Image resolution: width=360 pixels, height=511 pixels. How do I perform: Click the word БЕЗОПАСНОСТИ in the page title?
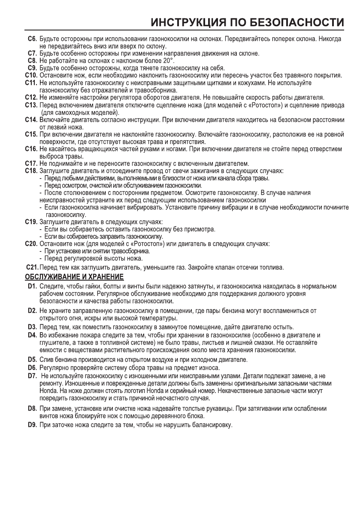click(296, 21)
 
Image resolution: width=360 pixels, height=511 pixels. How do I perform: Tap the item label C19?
click(31, 223)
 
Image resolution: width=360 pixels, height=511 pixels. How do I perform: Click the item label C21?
click(32, 268)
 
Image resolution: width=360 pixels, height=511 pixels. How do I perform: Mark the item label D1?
click(32, 286)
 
